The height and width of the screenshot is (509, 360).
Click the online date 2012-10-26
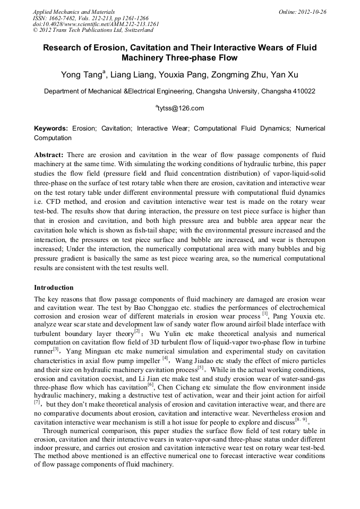click(x=314, y=12)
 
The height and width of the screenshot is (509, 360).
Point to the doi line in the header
click(x=96, y=24)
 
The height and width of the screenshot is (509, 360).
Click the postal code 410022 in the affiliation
click(x=303, y=91)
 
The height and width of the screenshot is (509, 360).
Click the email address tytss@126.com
click(x=181, y=108)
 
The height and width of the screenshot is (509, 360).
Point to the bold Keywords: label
click(x=51, y=128)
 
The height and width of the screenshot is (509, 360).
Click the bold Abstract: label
click(x=49, y=154)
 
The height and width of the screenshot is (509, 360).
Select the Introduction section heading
click(x=54, y=288)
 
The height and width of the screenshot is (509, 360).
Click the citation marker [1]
click(x=264, y=314)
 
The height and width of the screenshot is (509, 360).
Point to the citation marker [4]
click(x=165, y=343)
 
